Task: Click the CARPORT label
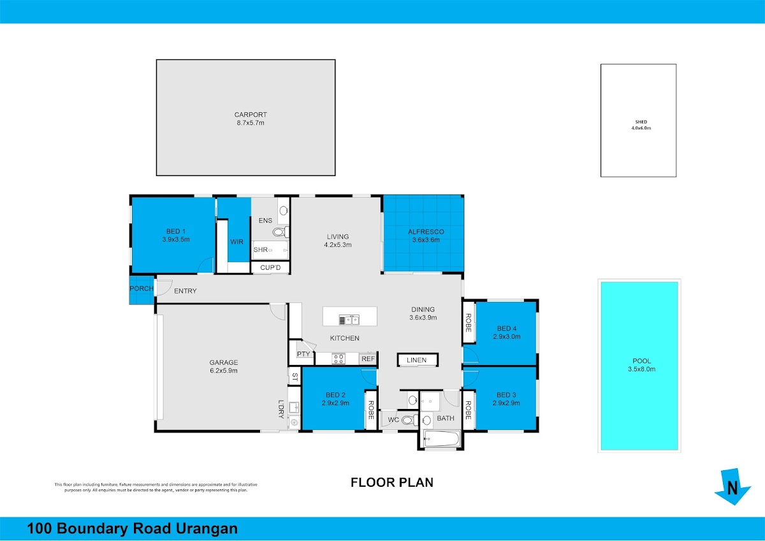[x=251, y=115]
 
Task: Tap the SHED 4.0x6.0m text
[x=641, y=125]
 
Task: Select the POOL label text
[x=642, y=361]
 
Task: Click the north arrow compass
[x=732, y=487]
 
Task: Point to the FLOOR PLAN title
[x=392, y=482]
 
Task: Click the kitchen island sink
[x=349, y=320]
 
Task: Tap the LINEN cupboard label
[x=417, y=360]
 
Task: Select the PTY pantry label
[x=303, y=354]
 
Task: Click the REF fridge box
[x=368, y=359]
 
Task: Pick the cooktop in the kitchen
[x=339, y=359]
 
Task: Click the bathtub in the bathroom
[x=441, y=438]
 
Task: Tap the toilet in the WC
[x=409, y=420]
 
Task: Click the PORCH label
[x=142, y=288]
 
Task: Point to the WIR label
[x=237, y=242]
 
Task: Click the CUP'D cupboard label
[x=270, y=267]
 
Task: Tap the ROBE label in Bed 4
[x=468, y=323]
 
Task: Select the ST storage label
[x=295, y=377]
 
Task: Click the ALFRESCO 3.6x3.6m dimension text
[x=426, y=240]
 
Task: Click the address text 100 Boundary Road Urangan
[x=132, y=528]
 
